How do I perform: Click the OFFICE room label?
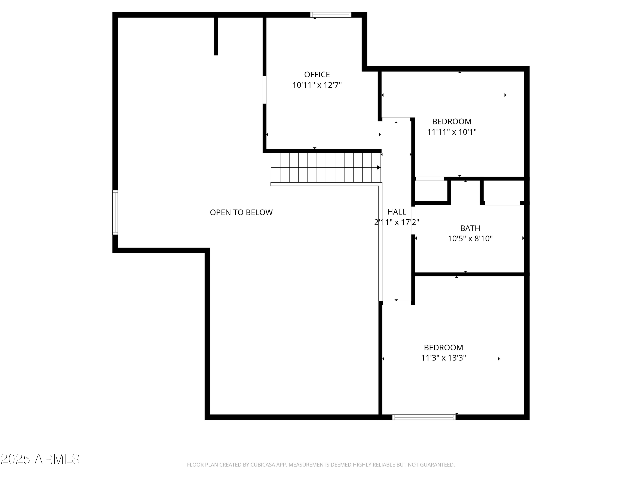[317, 75]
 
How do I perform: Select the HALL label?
[397, 212]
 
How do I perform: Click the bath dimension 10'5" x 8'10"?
[470, 239]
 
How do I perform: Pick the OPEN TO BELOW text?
[241, 212]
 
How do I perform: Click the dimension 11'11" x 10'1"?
[452, 132]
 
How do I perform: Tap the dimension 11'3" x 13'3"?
[443, 358]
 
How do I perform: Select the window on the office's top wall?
[331, 15]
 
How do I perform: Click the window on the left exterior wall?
[115, 212]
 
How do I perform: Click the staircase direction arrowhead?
[379, 168]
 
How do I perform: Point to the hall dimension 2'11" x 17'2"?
[397, 222]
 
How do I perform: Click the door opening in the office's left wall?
[265, 90]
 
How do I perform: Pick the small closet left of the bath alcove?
[431, 191]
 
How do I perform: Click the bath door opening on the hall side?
[413, 220]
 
